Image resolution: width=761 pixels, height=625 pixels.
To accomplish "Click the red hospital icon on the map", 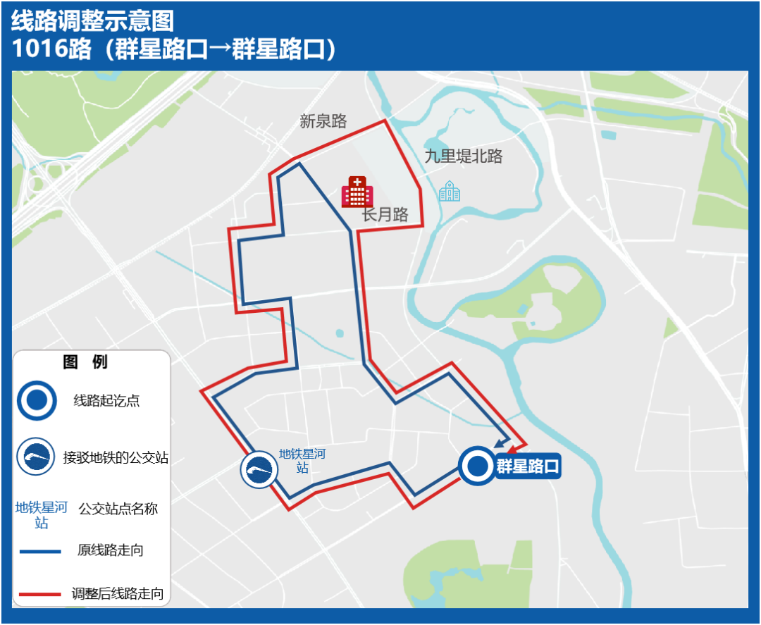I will pyautogui.click(x=357, y=192).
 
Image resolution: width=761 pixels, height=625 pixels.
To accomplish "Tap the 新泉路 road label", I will pyautogui.click(x=323, y=121).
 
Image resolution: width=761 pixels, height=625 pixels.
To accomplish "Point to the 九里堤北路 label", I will pyautogui.click(x=464, y=156).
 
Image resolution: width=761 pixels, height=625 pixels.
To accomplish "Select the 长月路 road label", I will pyautogui.click(x=385, y=215).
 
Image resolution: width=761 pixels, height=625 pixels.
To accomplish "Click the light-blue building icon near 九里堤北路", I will pyautogui.click(x=450, y=191).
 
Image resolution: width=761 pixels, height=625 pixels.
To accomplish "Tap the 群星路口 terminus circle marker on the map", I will pyautogui.click(x=478, y=466).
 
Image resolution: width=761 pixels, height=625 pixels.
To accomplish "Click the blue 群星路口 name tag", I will pyautogui.click(x=528, y=466).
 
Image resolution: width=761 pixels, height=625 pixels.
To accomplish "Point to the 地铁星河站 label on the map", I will pyautogui.click(x=302, y=461).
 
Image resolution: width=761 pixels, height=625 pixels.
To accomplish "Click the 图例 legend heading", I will pyautogui.click(x=85, y=362).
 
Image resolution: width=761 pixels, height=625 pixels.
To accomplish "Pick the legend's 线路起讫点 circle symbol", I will pyautogui.click(x=37, y=400).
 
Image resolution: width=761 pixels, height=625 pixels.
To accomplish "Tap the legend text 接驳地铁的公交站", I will pyautogui.click(x=116, y=458).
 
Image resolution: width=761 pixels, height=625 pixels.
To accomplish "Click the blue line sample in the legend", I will pyautogui.click(x=40, y=551).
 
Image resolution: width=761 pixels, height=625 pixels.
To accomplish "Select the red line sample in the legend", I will pyautogui.click(x=40, y=595).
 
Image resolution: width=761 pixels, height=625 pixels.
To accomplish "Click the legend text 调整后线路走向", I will pyautogui.click(x=118, y=594).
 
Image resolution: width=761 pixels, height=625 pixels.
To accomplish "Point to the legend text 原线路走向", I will pyautogui.click(x=111, y=550).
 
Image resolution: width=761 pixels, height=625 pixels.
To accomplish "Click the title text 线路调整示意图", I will pyautogui.click(x=92, y=21).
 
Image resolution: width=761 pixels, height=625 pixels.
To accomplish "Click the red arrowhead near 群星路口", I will pyautogui.click(x=512, y=448).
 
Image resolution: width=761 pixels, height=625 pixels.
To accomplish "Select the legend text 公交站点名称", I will pyautogui.click(x=118, y=509).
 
